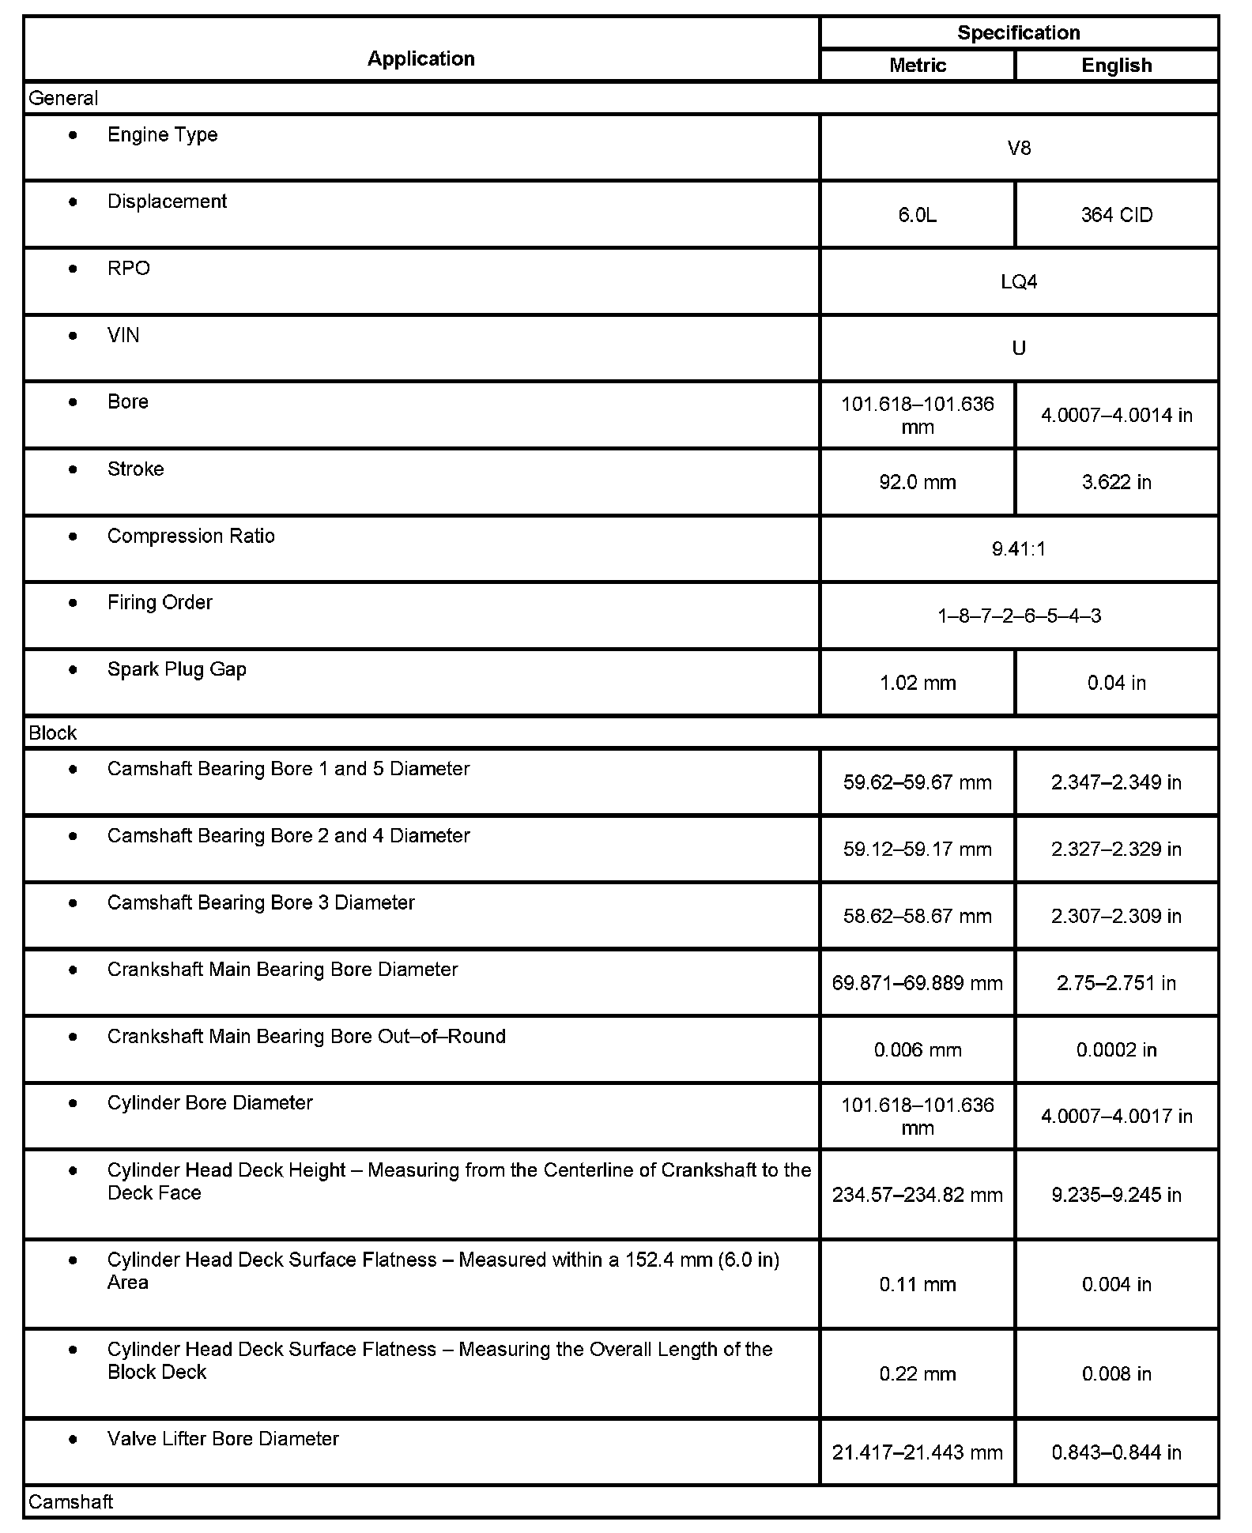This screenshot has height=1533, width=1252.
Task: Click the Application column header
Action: (420, 58)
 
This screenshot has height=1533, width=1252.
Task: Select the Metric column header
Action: (917, 66)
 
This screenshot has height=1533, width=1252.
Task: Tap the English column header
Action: (1116, 66)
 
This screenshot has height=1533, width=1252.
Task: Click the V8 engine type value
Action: (1019, 149)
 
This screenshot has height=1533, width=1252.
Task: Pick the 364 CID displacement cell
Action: (1116, 215)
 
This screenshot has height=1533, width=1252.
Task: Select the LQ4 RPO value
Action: (1019, 282)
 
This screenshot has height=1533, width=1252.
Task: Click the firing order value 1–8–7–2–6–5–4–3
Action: (1019, 616)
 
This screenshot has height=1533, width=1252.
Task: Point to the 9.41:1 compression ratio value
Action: (1019, 549)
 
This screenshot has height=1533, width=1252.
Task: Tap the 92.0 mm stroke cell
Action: (917, 482)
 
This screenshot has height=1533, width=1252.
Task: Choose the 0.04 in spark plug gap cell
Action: (1116, 683)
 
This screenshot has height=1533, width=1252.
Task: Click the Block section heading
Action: (52, 733)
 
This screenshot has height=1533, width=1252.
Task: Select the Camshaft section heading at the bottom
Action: (70, 1501)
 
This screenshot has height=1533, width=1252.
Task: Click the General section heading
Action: (63, 99)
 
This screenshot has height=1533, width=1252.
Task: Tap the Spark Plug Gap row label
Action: (176, 669)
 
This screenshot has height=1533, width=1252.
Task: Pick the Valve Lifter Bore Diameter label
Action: (223, 1438)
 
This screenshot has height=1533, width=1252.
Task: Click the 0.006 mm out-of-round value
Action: (917, 1050)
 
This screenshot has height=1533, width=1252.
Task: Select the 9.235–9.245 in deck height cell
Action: (1116, 1194)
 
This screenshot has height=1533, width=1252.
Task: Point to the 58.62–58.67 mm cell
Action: (917, 916)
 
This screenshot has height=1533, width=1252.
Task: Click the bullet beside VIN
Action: (74, 336)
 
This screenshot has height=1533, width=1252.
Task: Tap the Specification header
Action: (1018, 32)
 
